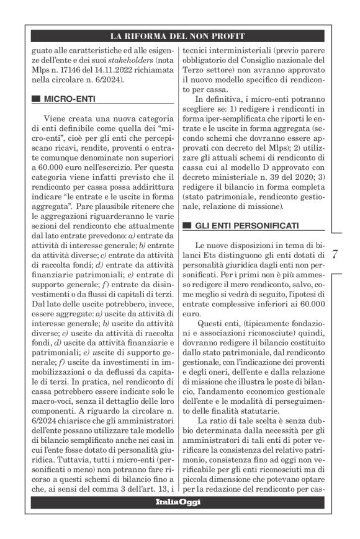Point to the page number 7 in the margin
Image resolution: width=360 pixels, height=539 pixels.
[x=335, y=254]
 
